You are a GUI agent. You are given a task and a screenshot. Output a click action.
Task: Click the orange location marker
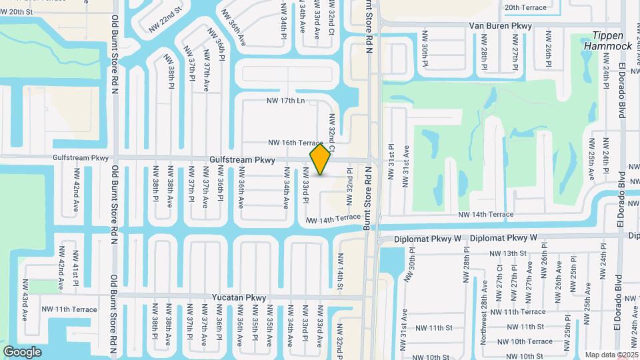pos(320,159)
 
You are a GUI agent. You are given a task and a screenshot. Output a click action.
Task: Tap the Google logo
pos(22,351)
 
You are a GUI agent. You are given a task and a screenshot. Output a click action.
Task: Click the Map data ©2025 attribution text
pos(612,355)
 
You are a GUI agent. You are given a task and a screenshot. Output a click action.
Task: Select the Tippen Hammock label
pos(607,41)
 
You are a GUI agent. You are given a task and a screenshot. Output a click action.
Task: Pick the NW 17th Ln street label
pos(285,101)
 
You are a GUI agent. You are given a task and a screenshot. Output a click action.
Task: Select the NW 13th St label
pos(508,253)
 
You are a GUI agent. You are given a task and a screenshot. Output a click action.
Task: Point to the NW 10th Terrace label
pos(530,341)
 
